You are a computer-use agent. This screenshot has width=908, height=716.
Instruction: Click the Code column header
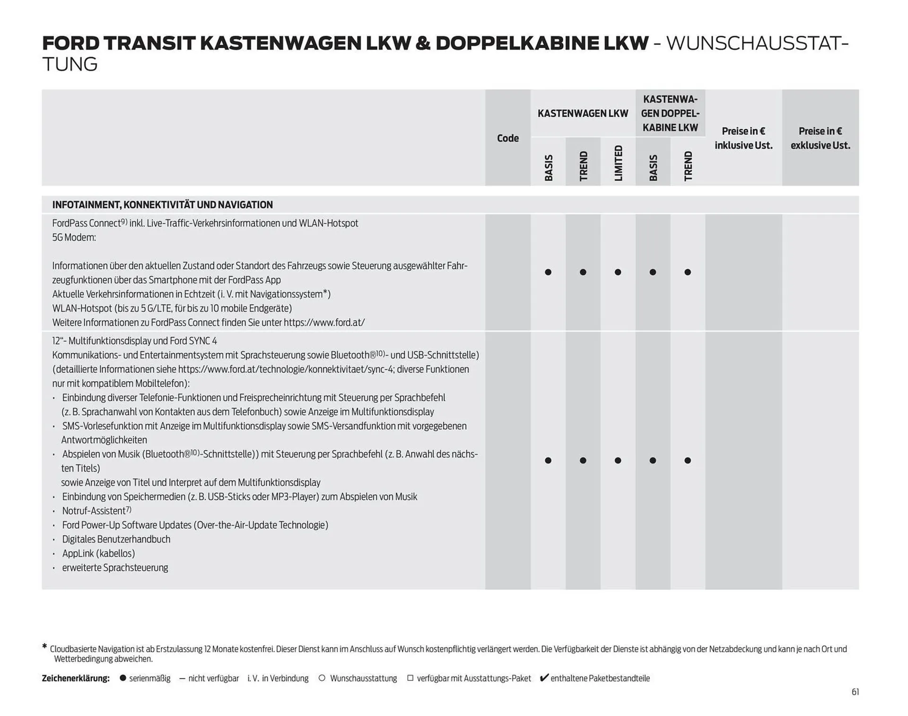[507, 138]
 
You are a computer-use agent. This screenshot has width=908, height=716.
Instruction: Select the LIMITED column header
[618, 163]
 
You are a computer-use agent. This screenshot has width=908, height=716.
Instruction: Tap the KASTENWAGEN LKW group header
[583, 114]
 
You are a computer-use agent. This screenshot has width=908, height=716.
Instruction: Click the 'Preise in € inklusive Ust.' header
[743, 138]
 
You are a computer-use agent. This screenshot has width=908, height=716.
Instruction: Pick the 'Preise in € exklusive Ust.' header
[820, 138]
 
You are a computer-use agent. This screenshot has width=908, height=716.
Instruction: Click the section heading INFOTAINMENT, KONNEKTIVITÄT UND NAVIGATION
[162, 205]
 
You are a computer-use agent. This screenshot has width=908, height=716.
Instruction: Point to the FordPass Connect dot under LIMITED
[618, 272]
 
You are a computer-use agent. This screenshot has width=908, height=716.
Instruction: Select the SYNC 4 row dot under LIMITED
[618, 461]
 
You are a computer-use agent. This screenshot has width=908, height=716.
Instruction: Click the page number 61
[855, 692]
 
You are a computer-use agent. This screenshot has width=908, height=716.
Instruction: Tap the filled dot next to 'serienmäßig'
[123, 678]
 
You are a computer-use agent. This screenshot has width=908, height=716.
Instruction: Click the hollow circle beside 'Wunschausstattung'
[322, 678]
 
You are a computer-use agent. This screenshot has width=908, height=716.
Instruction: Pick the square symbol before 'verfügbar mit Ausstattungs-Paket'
[410, 678]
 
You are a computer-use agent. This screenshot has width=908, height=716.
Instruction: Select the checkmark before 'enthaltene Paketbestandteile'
[544, 678]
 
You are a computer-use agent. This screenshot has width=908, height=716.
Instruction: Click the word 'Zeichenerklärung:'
[76, 678]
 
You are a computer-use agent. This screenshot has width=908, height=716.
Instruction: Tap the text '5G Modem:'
[74, 237]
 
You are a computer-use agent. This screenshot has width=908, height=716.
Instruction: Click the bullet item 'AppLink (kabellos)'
[98, 553]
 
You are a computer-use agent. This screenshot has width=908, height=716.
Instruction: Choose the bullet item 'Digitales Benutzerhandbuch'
[116, 539]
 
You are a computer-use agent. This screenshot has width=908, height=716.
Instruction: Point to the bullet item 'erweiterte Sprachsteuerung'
[115, 568]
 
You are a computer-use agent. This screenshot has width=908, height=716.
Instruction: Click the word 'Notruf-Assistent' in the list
[94, 511]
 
